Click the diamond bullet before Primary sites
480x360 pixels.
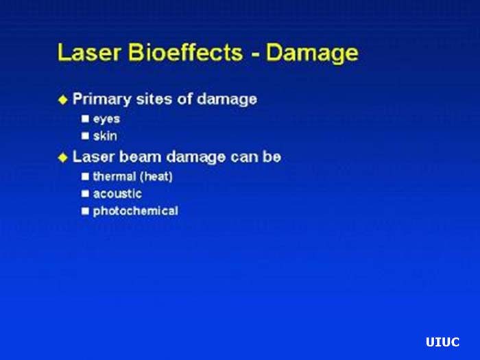click(x=63, y=99)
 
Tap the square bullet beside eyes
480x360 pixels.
click(x=86, y=119)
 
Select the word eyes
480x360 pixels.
click(x=106, y=119)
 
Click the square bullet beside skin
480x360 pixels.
click(x=86, y=136)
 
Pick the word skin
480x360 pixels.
click(x=105, y=136)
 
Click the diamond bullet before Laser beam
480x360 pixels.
click(x=63, y=157)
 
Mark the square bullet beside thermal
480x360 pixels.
click(x=86, y=176)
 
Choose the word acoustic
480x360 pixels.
click(x=117, y=194)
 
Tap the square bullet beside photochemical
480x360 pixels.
click(x=86, y=211)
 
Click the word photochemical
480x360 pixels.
click(x=135, y=211)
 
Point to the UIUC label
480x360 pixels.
click(x=442, y=342)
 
